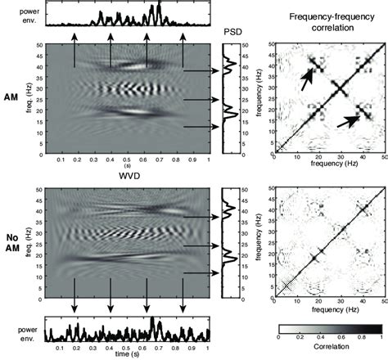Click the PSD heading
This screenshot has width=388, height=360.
232,30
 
